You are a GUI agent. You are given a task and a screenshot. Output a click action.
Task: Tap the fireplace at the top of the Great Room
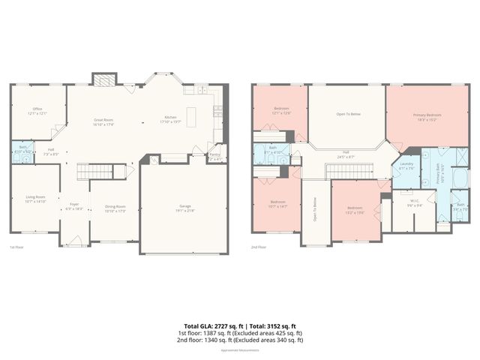tap(105, 79)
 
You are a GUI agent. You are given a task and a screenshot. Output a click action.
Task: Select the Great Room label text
tap(103, 122)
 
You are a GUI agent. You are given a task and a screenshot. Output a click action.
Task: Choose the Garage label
tap(184, 209)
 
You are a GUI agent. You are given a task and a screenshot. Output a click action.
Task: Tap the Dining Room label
tap(115, 208)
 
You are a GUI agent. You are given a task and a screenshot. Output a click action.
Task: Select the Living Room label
tap(35, 199)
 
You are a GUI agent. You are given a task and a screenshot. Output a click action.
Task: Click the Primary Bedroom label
tap(427, 116)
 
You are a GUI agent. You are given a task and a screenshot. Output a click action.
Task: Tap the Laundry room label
tap(406, 165)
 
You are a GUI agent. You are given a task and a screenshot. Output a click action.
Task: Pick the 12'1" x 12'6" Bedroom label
tap(280, 110)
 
